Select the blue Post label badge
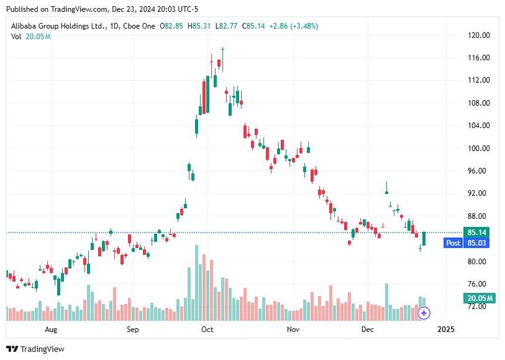click(453, 243)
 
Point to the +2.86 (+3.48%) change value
click(293, 26)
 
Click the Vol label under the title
click(16, 37)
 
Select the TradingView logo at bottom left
click(36, 349)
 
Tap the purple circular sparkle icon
click(424, 313)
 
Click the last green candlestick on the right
click(424, 238)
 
